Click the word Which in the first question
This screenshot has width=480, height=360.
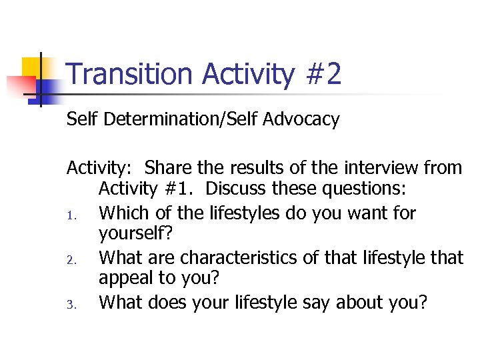122,213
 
